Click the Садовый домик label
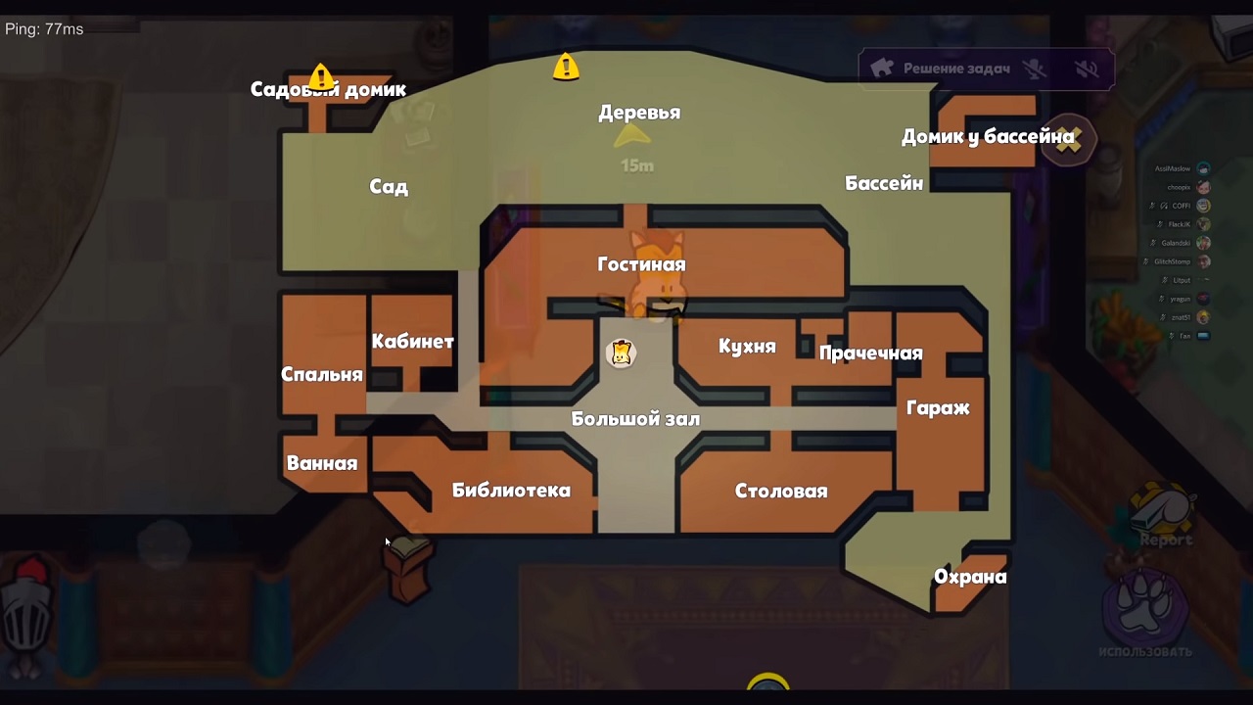pyautogui.click(x=328, y=90)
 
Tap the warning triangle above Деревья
pyautogui.click(x=566, y=68)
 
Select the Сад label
pyautogui.click(x=389, y=187)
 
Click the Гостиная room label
pyautogui.click(x=641, y=264)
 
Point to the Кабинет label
pyautogui.click(x=412, y=342)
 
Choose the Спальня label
pyautogui.click(x=322, y=374)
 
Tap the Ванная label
pyautogui.click(x=322, y=463)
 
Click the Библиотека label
pyautogui.click(x=511, y=491)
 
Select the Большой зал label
pyautogui.click(x=635, y=419)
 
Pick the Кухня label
pyautogui.click(x=747, y=347)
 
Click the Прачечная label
pyautogui.click(x=871, y=353)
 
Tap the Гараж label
pyautogui.click(x=938, y=408)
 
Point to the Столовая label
pyautogui.click(x=781, y=492)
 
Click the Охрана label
pyautogui.click(x=970, y=577)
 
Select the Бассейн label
pyautogui.click(x=884, y=183)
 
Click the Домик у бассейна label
pyautogui.click(x=989, y=137)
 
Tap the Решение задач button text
pyautogui.click(x=956, y=69)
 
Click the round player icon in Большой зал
pyautogui.click(x=621, y=352)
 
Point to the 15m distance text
pyautogui.click(x=637, y=165)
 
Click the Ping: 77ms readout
pyautogui.click(x=44, y=29)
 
